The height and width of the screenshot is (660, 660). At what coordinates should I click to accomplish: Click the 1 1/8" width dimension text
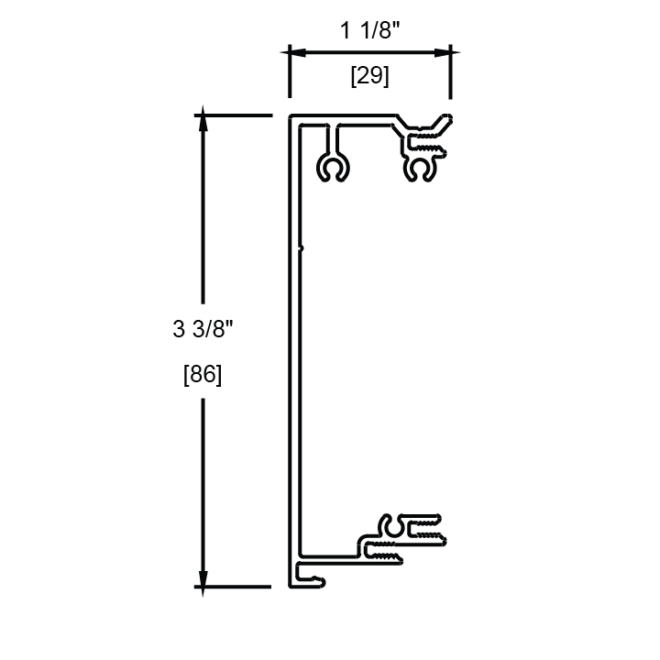pyautogui.click(x=369, y=31)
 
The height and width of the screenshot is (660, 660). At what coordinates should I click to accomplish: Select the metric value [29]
pyautogui.click(x=370, y=77)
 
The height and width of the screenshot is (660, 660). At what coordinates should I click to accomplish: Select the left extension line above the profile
pyautogui.click(x=290, y=71)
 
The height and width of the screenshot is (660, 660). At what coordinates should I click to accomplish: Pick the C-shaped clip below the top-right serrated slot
pyautogui.click(x=423, y=168)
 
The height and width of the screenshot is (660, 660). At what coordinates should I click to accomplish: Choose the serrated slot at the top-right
pyautogui.click(x=424, y=142)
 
